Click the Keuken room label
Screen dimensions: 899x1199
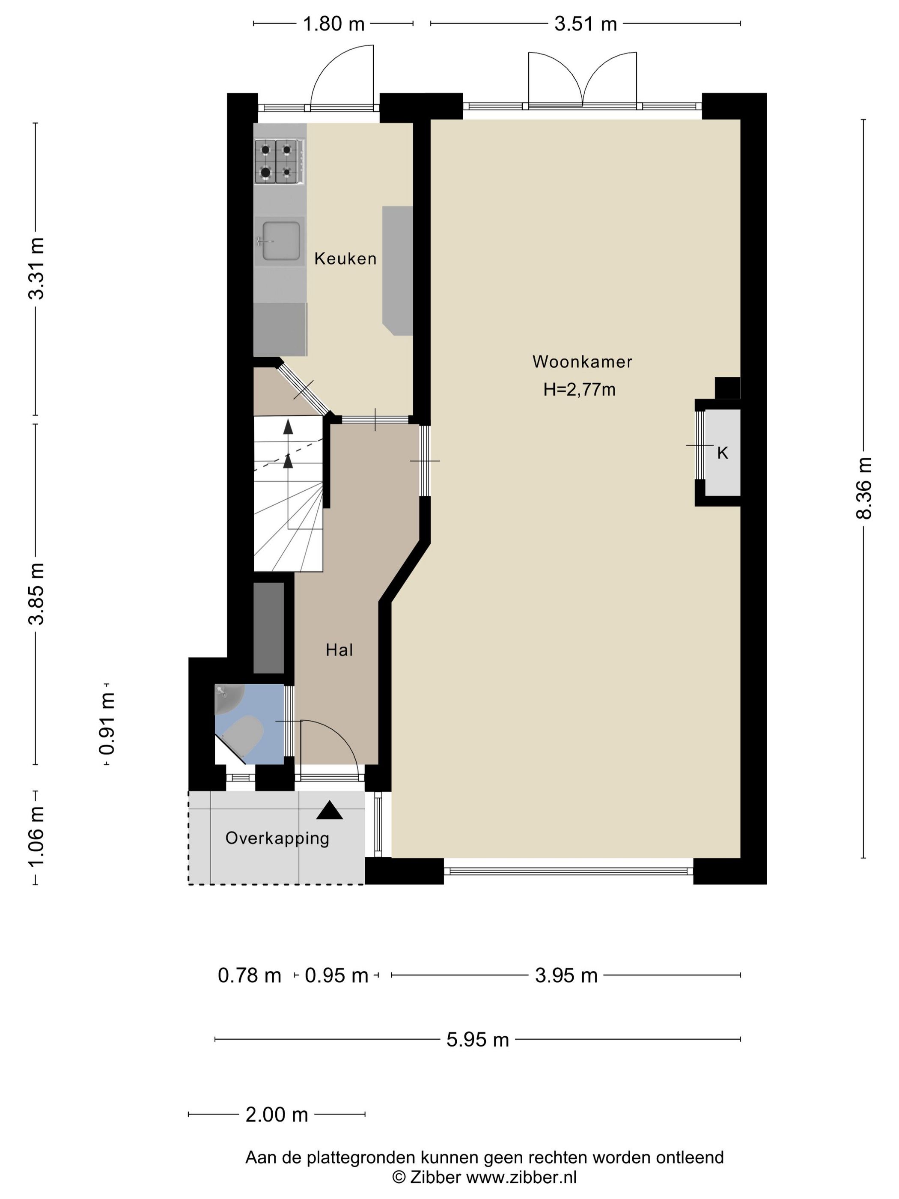click(345, 259)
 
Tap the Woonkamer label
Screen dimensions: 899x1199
click(582, 361)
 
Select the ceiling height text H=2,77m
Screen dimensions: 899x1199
click(579, 390)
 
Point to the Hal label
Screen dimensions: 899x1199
click(339, 650)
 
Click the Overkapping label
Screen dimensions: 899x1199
click(277, 838)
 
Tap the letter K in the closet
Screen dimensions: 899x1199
click(722, 453)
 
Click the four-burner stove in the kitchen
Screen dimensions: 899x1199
click(277, 161)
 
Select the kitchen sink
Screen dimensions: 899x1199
click(280, 240)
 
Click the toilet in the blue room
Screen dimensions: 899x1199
click(243, 736)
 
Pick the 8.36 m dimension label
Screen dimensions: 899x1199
click(864, 488)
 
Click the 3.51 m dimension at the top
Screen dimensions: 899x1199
click(586, 24)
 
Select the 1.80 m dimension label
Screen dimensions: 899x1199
click(333, 24)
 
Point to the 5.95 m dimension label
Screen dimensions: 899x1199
click(477, 1039)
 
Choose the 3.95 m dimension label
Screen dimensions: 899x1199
click(566, 975)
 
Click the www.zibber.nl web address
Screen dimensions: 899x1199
click(521, 1177)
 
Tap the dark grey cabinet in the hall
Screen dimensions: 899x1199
click(269, 628)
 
